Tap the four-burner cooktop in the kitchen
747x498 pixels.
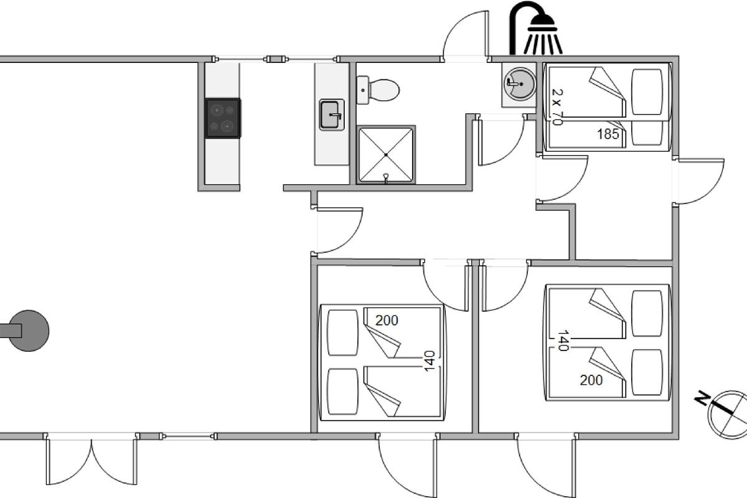[x=223, y=118]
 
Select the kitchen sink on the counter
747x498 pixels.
[x=331, y=115]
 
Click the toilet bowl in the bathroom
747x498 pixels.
[x=383, y=90]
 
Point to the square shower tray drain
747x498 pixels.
[x=386, y=155]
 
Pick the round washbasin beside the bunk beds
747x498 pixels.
[x=520, y=83]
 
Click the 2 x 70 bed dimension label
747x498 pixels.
[x=557, y=107]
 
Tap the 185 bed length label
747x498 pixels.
[x=608, y=134]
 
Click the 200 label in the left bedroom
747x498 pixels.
[x=387, y=320]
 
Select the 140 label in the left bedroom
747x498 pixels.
[x=430, y=361]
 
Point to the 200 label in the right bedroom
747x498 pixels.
[x=591, y=380]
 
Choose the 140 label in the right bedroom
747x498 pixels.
[x=563, y=341]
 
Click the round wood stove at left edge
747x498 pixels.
[x=29, y=331]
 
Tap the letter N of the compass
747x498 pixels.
[x=703, y=398]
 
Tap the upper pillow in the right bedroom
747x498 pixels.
[x=647, y=313]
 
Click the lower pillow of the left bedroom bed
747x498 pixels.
[x=342, y=392]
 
